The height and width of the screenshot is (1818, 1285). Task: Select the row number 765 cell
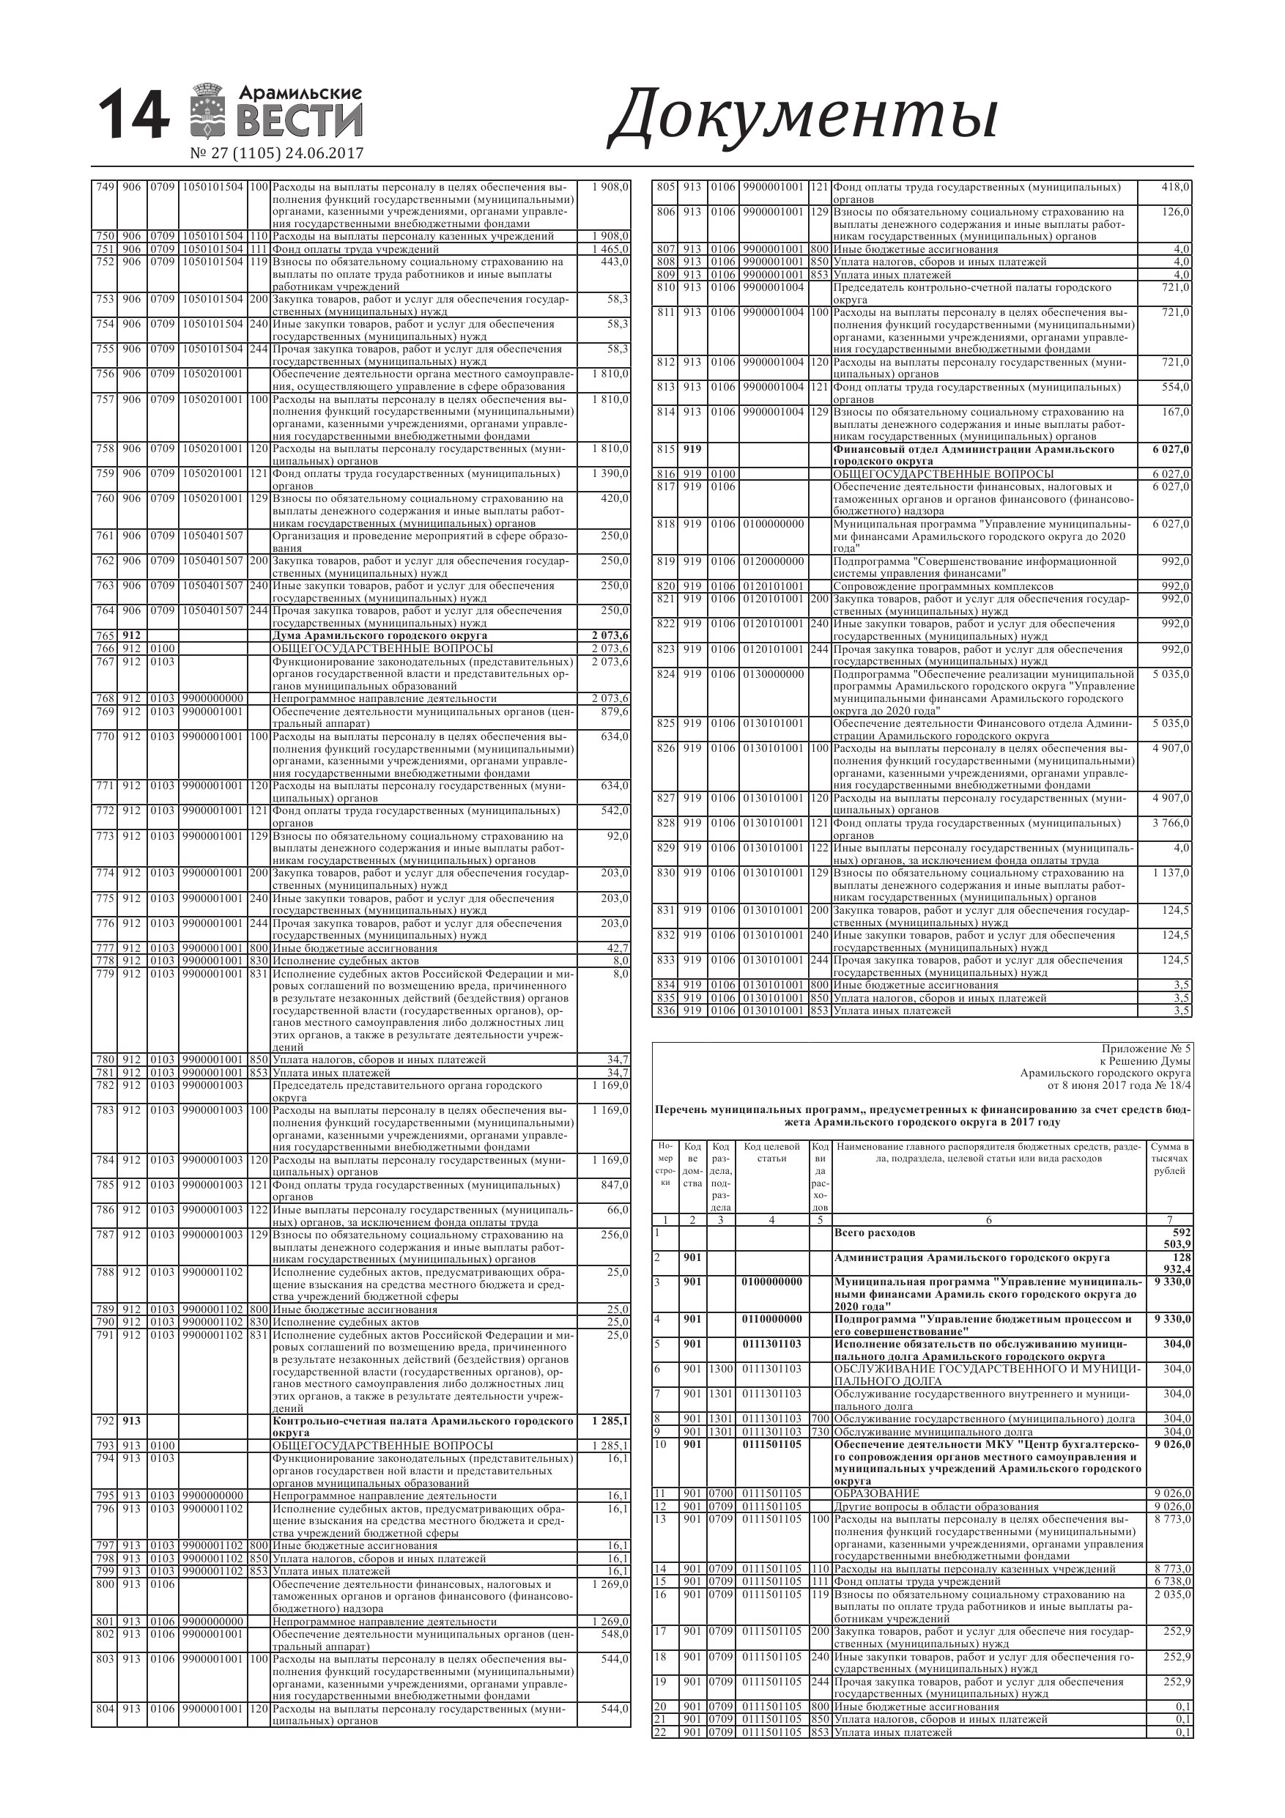tap(105, 636)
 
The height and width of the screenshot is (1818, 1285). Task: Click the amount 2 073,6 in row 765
tap(609, 636)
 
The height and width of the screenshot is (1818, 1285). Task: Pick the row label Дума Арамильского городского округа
tap(380, 636)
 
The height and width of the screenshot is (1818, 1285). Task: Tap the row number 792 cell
tap(105, 1422)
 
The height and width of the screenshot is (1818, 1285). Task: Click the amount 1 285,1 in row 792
tap(609, 1422)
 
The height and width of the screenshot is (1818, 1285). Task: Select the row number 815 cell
tap(665, 449)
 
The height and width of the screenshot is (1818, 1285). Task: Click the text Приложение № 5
tap(1146, 1049)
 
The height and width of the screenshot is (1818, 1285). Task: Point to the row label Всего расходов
tap(875, 1233)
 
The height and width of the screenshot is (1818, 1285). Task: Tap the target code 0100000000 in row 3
tap(772, 1282)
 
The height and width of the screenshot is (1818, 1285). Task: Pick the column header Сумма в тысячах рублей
tap(1169, 1159)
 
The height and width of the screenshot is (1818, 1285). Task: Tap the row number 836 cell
tap(665, 1011)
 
